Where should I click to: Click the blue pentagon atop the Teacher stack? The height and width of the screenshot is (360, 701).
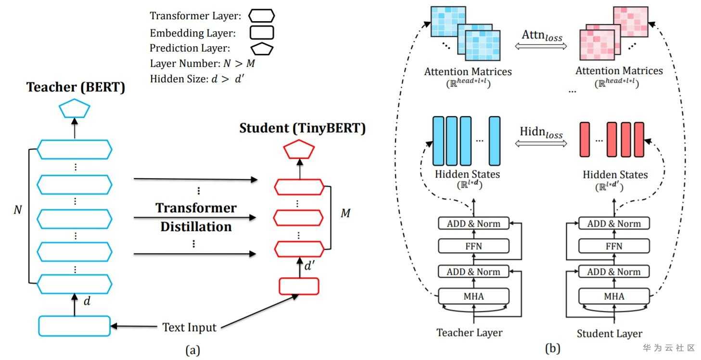75,110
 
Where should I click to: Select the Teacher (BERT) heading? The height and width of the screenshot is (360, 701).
76,88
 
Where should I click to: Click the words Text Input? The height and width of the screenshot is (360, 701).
189,328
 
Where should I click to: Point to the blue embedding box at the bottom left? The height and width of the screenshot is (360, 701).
75,326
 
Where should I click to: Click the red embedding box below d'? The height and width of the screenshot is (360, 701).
299,286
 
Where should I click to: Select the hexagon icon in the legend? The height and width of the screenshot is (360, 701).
261,16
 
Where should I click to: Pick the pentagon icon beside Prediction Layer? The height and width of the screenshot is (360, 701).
261,49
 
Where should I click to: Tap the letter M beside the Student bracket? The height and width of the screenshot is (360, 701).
345,213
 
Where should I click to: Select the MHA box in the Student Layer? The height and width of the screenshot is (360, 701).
613,296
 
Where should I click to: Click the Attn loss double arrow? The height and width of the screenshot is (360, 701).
542,46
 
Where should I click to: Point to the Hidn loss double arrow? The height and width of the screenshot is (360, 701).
541,143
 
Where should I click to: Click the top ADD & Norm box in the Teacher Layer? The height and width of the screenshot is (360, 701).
473,223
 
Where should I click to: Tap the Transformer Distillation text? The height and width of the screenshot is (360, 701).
196,217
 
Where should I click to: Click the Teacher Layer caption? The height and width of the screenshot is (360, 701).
469,333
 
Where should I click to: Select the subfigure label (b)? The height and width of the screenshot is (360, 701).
552,348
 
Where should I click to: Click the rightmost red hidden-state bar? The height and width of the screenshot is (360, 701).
638,140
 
